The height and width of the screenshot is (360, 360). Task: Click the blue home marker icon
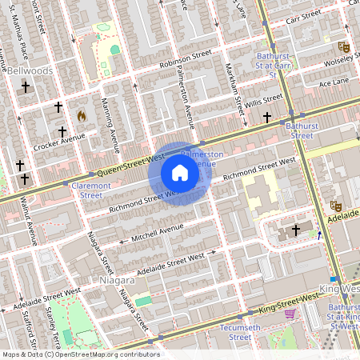pos(180,173)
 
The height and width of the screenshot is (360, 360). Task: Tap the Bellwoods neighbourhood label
pos(30,71)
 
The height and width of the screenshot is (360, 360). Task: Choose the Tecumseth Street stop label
pos(229,332)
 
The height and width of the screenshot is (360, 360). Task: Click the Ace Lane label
pos(334,82)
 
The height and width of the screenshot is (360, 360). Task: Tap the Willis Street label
pos(265,100)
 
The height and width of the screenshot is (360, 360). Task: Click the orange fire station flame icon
pos(81,115)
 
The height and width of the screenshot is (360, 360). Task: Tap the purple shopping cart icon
pos(290,314)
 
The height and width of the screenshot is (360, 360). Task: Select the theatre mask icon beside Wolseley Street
pos(344,47)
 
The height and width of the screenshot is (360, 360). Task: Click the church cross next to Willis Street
pos(267,118)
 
